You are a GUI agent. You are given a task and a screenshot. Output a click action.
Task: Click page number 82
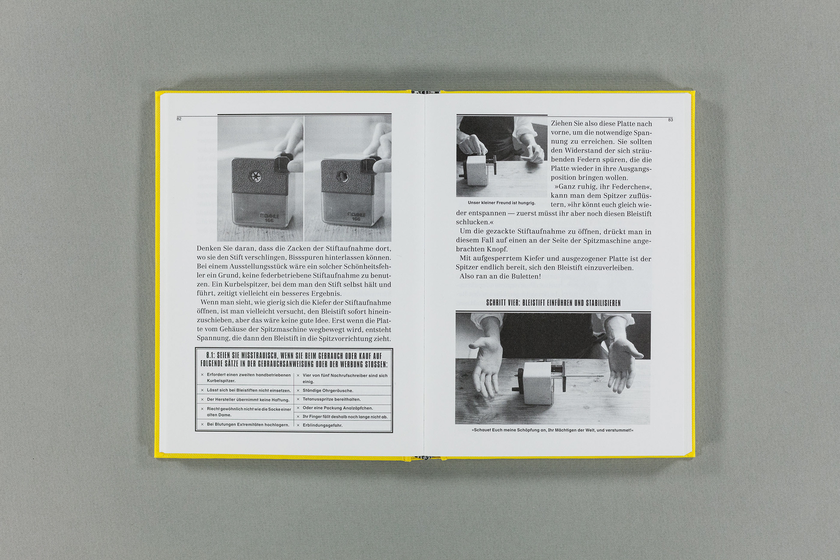pos(179,119)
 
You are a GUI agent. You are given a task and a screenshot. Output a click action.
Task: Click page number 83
pos(670,120)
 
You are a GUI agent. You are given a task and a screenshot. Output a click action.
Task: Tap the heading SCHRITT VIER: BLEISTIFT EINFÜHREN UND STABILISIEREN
pos(553,303)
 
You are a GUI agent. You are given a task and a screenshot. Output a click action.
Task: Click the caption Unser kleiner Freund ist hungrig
pos(501,203)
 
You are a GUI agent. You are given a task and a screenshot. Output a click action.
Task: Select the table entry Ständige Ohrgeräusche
pos(328,391)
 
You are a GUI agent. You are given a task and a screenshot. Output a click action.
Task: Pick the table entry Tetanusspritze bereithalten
pos(332,399)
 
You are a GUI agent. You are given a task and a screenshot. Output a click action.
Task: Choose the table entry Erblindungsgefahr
pos(322,425)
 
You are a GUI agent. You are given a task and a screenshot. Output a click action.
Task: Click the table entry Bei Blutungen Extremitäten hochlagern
pos(248,424)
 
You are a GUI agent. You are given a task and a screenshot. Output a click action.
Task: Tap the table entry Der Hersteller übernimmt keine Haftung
pos(248,400)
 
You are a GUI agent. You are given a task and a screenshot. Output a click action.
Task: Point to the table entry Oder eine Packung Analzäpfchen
pos(338,408)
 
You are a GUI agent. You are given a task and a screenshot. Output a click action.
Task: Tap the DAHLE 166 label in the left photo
pos(269,217)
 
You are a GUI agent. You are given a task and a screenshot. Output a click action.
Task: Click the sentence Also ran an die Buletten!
pos(500,276)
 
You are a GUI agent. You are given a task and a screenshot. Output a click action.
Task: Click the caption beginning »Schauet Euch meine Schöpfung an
pos(553,430)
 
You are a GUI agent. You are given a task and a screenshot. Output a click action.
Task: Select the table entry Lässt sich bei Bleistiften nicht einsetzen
pos(248,390)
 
